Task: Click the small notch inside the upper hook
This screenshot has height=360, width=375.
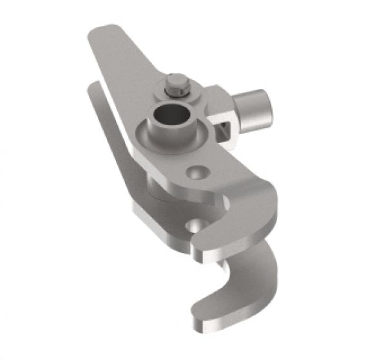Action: pyautogui.click(x=225, y=205)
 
